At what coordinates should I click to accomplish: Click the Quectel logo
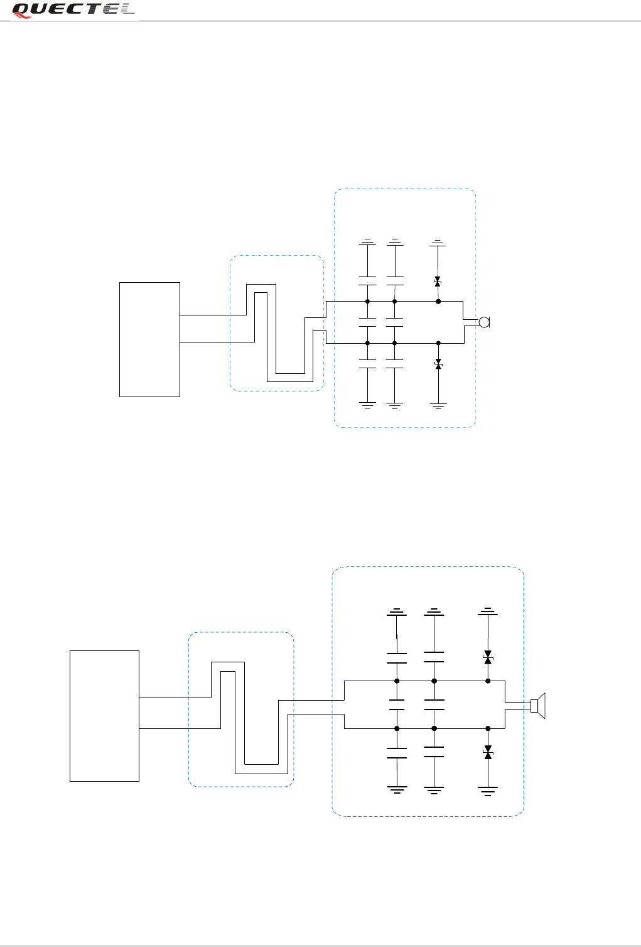tap(74, 10)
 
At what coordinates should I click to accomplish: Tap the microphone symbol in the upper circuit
tap(484, 322)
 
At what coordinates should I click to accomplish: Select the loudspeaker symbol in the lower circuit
tap(538, 705)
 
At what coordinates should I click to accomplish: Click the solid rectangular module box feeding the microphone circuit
tap(149, 339)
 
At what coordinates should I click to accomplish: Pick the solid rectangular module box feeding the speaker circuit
tap(104, 716)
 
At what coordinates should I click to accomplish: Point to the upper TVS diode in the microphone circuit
tap(438, 282)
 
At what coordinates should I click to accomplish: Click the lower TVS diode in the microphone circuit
tap(438, 364)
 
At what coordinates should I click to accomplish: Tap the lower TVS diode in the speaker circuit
tap(488, 752)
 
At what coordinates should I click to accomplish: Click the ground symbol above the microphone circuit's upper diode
tap(438, 242)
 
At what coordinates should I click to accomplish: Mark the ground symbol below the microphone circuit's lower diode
tap(438, 405)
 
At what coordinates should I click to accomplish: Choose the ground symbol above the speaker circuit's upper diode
tap(488, 611)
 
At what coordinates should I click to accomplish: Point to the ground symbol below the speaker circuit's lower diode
tap(488, 790)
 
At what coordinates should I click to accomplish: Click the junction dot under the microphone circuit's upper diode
tap(438, 302)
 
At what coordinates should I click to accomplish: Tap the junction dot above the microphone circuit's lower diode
tap(438, 343)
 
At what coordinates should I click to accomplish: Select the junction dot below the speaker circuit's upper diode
tap(488, 681)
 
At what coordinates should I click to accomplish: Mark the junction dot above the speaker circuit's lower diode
tap(488, 728)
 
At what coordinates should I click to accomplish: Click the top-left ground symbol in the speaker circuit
tap(397, 611)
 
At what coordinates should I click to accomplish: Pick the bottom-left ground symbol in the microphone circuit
tap(368, 405)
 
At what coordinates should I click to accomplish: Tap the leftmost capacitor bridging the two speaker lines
tap(397, 704)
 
